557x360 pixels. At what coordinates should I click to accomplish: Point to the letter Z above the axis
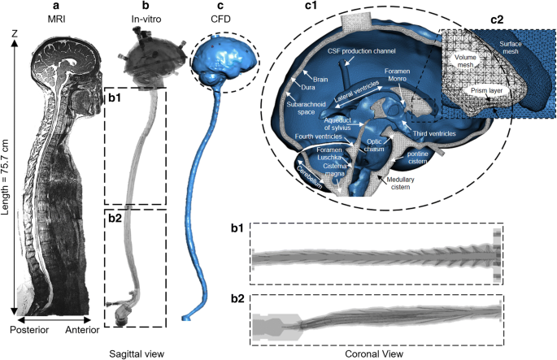pos(15,33)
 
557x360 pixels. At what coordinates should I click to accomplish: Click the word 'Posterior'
pos(29,329)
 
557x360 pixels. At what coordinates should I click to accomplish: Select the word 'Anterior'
pos(87,329)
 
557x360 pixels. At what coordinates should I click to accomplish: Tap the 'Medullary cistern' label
pos(408,185)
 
